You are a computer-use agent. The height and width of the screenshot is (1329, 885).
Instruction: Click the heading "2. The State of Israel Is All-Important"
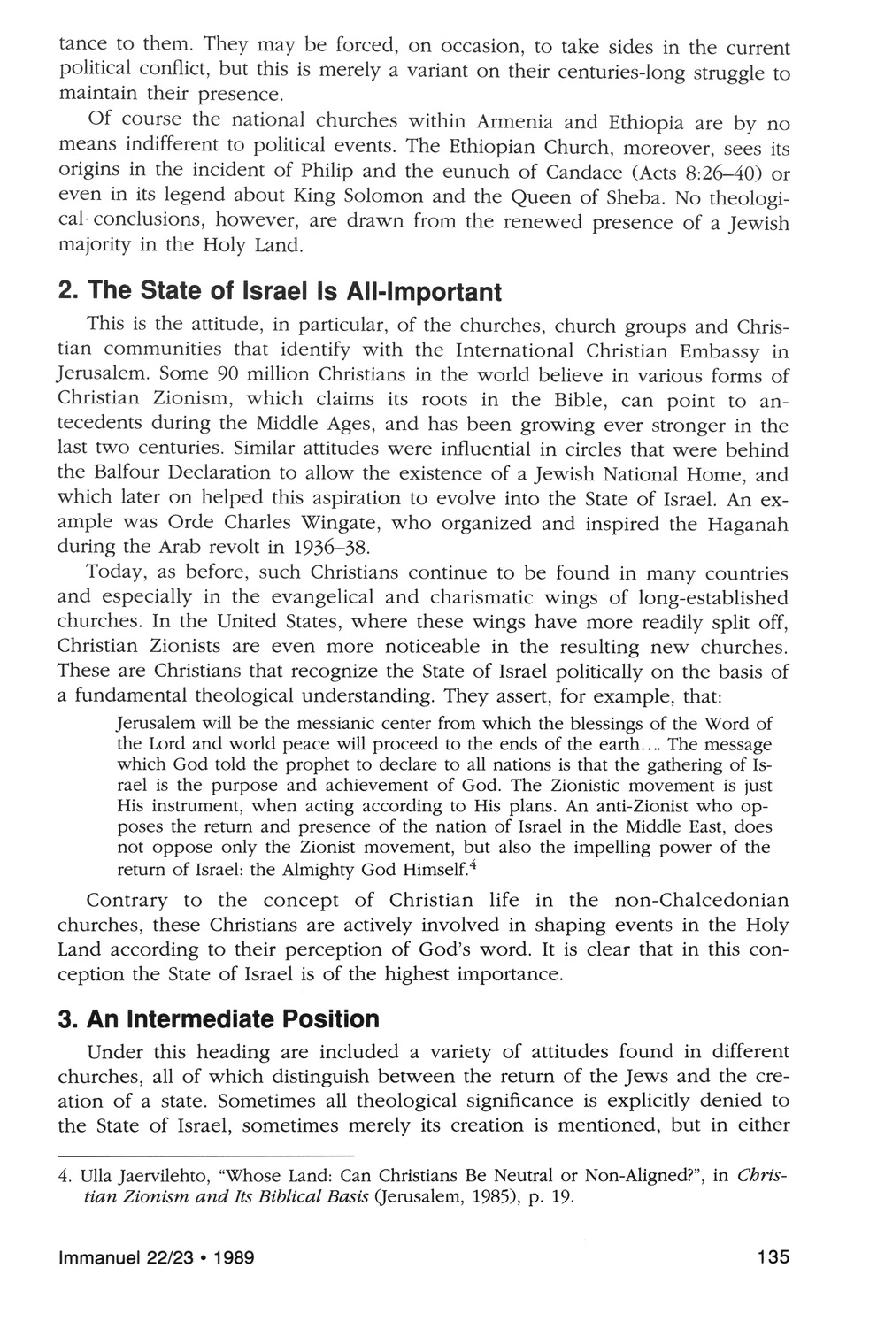pos(280,291)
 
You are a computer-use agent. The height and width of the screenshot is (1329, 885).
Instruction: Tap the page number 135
pos(772,1256)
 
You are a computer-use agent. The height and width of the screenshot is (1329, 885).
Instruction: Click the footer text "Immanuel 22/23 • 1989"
pos(157,1256)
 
